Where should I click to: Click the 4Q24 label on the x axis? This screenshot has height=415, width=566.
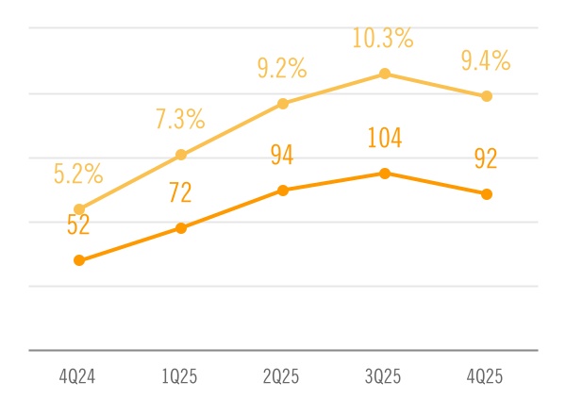[79, 377]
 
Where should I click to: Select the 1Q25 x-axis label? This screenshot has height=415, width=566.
[180, 377]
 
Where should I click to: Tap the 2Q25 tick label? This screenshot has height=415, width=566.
[282, 377]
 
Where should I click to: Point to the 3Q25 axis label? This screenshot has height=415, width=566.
[384, 377]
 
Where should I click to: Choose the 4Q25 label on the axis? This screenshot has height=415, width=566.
[486, 377]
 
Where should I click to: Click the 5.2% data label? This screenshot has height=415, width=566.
[78, 174]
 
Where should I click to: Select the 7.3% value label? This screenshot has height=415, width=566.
[180, 120]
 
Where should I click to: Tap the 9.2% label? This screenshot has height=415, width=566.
[282, 68]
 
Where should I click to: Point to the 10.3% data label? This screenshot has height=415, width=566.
[383, 39]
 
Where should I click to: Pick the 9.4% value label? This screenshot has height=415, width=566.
[486, 62]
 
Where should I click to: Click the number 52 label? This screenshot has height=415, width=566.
[78, 224]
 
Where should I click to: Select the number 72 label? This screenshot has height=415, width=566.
[180, 193]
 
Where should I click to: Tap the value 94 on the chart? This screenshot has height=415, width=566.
[282, 156]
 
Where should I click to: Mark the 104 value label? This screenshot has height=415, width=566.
[384, 140]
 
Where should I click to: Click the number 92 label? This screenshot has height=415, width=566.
[486, 159]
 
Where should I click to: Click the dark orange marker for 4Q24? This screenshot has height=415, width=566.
[79, 260]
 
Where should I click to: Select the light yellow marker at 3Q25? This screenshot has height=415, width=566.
[385, 74]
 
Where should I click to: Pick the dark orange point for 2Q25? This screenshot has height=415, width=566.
[283, 191]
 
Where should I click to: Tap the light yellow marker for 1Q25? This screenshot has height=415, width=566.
[181, 155]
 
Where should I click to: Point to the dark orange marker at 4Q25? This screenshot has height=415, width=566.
[487, 194]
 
